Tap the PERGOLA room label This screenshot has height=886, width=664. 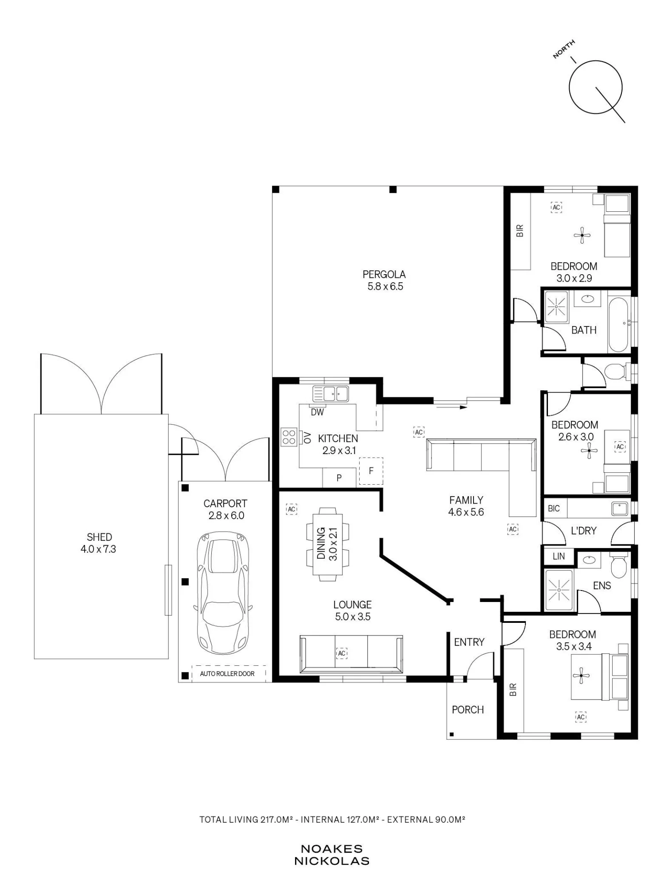click(x=384, y=275)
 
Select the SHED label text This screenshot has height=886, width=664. click(x=99, y=537)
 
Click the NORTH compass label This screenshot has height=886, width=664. click(x=564, y=49)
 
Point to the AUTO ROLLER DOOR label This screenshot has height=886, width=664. click(x=227, y=674)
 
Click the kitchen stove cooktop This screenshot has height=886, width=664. click(x=289, y=437)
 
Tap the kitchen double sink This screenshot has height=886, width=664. click(x=330, y=393)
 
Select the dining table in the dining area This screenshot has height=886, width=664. click(x=328, y=544)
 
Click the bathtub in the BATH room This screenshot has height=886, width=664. click(x=618, y=325)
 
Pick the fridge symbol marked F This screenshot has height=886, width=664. click(x=371, y=471)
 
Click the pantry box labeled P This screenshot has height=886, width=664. click(x=339, y=478)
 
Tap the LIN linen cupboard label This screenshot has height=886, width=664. click(x=559, y=556)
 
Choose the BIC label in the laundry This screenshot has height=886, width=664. click(x=554, y=509)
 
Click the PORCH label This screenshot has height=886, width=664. click(x=468, y=710)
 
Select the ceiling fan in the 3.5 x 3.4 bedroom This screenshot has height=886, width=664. click(x=581, y=676)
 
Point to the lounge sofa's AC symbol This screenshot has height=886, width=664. click(x=342, y=653)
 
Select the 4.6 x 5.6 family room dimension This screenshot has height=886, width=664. click(x=466, y=513)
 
